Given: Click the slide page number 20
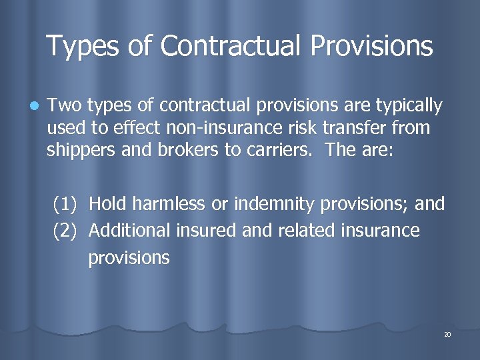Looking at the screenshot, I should pos(447,334).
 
